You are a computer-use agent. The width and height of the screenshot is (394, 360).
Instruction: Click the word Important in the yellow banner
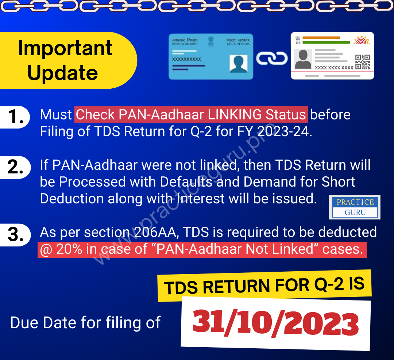(65, 49)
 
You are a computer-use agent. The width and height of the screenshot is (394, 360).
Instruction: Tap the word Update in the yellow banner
(63, 73)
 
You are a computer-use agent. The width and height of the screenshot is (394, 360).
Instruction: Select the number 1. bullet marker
(16, 117)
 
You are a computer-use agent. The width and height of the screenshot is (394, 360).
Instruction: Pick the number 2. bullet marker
(16, 167)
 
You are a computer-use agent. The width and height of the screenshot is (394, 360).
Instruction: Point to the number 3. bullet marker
(16, 234)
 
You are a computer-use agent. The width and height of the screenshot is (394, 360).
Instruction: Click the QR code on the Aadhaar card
(363, 62)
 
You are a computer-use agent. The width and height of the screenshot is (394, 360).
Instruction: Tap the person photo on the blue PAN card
(239, 64)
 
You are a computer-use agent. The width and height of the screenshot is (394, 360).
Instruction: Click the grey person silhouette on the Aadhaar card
(303, 59)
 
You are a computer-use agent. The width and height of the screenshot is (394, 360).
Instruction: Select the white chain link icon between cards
(272, 58)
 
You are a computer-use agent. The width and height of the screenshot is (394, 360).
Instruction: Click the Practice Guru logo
(355, 207)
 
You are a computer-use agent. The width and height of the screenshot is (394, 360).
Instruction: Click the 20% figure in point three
(69, 249)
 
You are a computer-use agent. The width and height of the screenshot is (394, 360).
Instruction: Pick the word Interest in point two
(201, 198)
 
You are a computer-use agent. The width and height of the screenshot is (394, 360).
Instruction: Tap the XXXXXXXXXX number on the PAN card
(186, 59)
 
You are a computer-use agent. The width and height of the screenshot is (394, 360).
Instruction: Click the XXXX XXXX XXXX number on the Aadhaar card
(334, 68)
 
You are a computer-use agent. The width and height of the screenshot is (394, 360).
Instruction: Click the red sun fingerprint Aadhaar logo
(362, 40)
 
